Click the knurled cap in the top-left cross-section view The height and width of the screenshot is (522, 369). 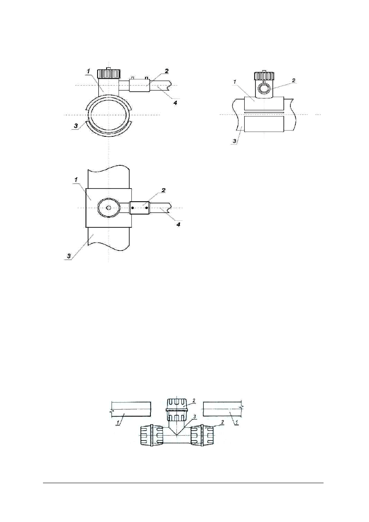pyautogui.click(x=109, y=74)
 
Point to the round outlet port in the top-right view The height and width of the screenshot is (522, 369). pyautogui.click(x=263, y=88)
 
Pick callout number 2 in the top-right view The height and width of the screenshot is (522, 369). pyautogui.click(x=294, y=81)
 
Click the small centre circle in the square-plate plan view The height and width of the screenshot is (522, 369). pyautogui.click(x=108, y=208)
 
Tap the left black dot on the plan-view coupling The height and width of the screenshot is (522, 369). pyautogui.click(x=133, y=208)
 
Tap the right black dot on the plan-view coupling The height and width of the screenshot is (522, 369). pyautogui.click(x=147, y=208)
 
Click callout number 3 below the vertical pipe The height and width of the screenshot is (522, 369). pyautogui.click(x=68, y=256)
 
